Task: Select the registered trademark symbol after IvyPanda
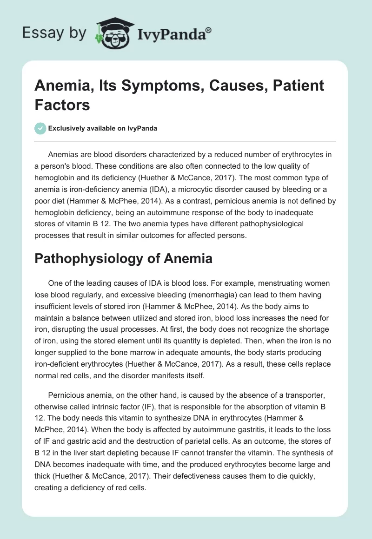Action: [209, 30]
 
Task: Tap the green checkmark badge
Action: [40, 128]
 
